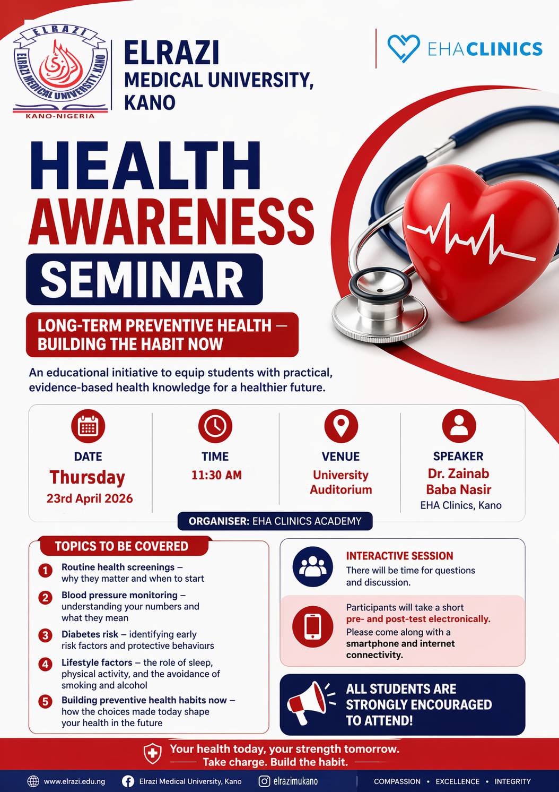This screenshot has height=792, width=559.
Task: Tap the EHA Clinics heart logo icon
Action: [403, 48]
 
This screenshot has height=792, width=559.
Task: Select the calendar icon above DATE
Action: [88, 426]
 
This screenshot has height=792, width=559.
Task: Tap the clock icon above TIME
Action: [215, 426]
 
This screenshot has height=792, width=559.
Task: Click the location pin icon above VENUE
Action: [341, 426]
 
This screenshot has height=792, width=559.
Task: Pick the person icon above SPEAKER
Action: [459, 426]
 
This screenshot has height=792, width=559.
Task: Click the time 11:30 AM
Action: [216, 475]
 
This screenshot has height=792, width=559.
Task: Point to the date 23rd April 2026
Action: [90, 498]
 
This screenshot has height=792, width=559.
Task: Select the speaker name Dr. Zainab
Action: [458, 474]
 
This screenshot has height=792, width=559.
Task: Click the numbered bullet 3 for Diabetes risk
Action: [46, 635]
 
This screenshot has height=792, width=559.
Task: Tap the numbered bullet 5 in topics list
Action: [46, 701]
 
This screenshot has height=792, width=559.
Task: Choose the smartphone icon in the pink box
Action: [313, 627]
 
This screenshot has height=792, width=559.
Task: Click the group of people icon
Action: [313, 566]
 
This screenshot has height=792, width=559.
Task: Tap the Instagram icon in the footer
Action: [265, 781]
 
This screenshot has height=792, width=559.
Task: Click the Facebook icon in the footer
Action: [128, 781]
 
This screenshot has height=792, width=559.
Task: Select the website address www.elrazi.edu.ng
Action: [74, 781]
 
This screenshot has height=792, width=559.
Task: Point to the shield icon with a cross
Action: [153, 753]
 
